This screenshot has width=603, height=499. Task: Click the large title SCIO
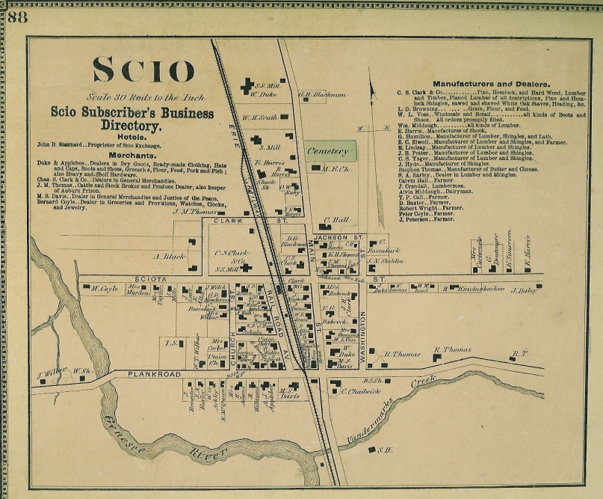point(143,70)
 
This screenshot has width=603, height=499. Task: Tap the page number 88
point(17,17)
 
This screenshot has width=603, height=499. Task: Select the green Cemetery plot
point(330,151)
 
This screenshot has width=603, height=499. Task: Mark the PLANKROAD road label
point(154,373)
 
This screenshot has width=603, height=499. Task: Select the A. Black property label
point(168,256)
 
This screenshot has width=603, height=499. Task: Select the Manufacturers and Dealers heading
point(492,83)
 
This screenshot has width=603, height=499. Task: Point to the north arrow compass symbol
point(371,97)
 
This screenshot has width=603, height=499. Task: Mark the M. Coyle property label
point(105,288)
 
